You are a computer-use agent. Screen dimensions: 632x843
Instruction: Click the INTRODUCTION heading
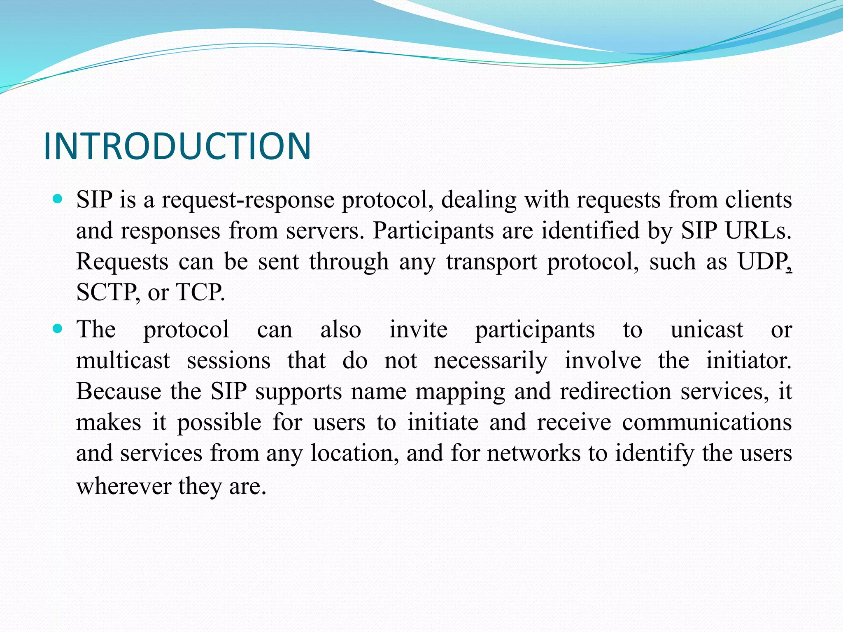point(177,146)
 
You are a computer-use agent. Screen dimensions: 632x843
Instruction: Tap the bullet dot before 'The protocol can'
point(58,329)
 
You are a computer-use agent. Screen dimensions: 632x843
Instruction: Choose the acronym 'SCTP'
point(105,293)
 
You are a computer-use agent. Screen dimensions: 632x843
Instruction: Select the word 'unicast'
point(706,330)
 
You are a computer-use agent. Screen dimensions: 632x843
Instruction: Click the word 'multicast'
point(123,361)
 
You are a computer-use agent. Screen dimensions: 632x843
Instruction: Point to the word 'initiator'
point(748,361)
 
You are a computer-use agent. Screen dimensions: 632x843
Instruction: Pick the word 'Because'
point(119,391)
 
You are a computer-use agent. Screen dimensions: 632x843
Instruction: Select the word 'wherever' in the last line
point(124,486)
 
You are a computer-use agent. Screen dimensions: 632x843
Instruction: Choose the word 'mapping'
point(460,392)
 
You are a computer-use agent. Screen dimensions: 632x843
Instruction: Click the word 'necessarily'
point(490,361)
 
